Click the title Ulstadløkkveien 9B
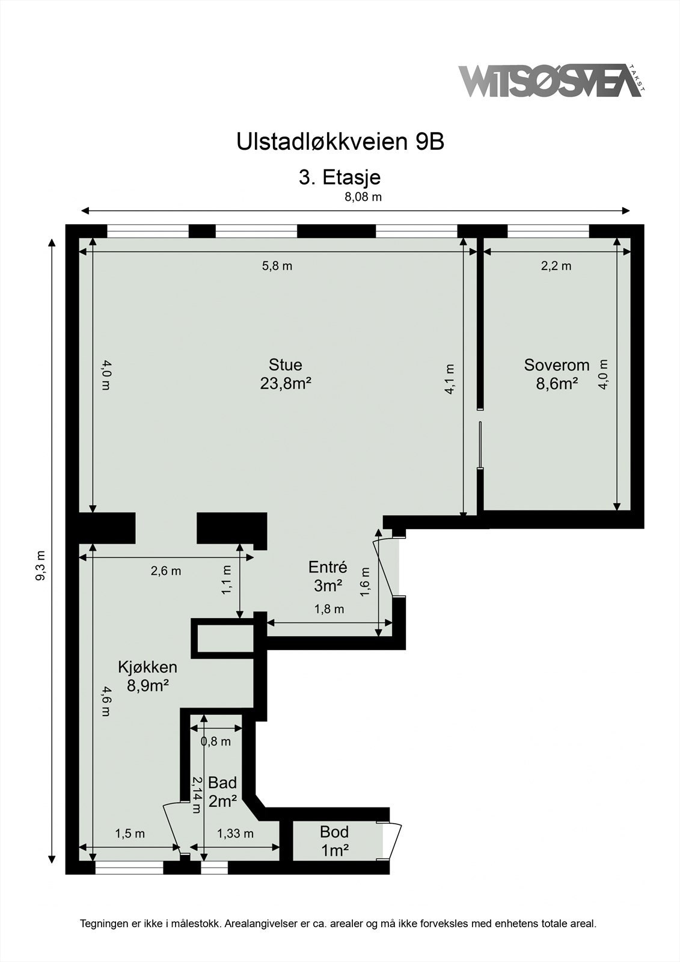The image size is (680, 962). [340, 142]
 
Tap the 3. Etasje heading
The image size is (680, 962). [340, 177]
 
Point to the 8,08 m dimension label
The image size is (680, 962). [363, 197]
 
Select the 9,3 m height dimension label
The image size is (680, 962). [40, 565]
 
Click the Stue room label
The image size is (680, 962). [285, 364]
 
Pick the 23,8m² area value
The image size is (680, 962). [285, 383]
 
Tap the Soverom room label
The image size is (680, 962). [556, 365]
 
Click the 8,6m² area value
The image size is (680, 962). [556, 384]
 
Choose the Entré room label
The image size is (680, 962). [327, 567]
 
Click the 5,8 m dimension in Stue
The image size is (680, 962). [277, 266]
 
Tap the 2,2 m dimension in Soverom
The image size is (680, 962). [556, 266]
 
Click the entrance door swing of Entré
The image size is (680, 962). [384, 568]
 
